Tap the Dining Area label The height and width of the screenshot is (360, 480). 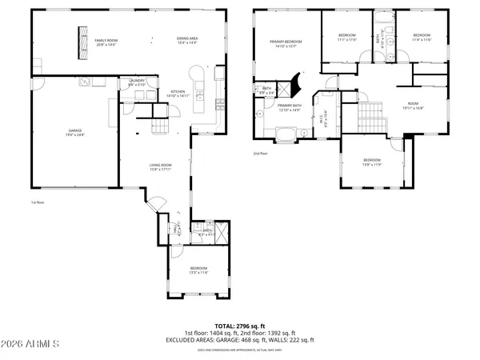(187, 41)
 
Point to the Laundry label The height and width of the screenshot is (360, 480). (136, 83)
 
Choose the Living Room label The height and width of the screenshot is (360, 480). (161, 167)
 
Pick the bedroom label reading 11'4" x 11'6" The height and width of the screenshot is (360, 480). (421, 37)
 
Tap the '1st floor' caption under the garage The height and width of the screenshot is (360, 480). (38, 202)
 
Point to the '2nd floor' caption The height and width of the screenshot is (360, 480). (260, 153)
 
